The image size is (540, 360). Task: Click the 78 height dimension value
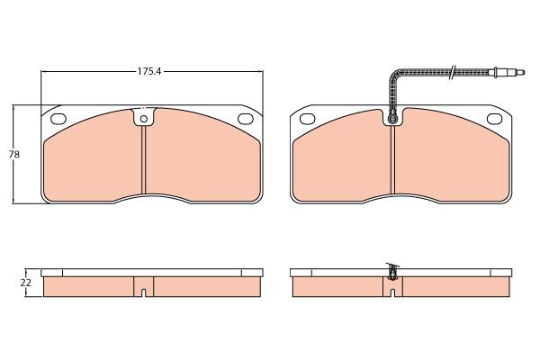14,155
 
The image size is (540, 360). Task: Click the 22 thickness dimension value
26,283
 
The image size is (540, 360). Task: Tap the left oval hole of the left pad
58,119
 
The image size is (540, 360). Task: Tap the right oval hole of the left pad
246,119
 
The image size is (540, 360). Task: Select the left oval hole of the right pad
307,119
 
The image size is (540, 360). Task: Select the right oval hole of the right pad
494,119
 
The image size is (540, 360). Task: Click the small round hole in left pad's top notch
144,119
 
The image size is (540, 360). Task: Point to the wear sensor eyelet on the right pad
392,119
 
